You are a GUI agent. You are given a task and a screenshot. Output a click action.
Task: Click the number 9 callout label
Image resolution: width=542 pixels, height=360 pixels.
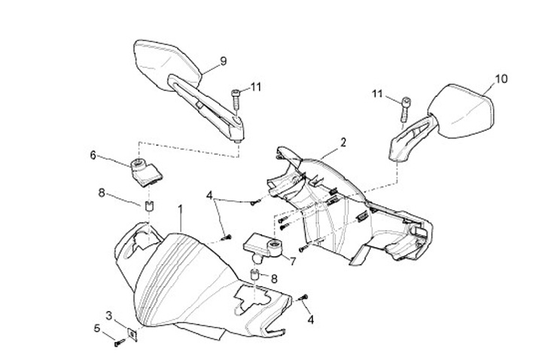point(223,61)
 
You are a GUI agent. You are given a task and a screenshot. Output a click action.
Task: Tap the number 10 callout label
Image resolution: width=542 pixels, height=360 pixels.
point(502,78)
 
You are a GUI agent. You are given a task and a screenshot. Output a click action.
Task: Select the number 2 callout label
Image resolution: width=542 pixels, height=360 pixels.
point(343,142)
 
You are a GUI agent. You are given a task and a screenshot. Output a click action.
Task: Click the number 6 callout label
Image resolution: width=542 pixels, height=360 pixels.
point(93,155)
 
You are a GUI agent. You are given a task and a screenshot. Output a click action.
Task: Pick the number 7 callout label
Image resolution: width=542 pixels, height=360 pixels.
point(291,261)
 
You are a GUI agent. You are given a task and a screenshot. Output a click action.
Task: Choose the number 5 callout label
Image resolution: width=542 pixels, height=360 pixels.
point(96,328)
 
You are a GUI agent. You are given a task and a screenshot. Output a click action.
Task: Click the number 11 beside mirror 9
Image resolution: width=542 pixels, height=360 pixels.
point(255,87)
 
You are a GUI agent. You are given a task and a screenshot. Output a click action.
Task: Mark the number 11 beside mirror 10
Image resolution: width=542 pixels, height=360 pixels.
point(376,93)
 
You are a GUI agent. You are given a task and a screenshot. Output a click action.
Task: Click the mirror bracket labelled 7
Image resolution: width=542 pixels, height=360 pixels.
point(263,244)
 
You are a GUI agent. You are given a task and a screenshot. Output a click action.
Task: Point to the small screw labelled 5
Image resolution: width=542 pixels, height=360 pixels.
point(119,343)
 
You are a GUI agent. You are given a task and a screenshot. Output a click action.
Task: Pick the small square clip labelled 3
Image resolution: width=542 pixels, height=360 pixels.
point(132,333)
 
